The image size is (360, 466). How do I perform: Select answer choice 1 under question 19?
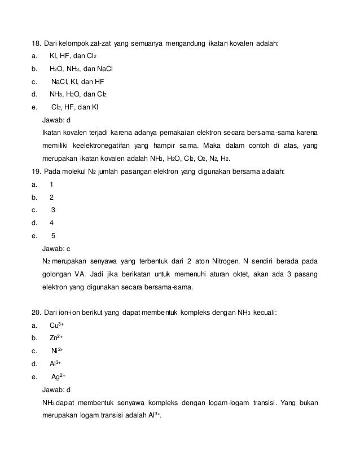[52, 184]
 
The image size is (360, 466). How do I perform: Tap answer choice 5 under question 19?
[53, 235]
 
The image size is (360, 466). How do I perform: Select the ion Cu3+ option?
[56, 325]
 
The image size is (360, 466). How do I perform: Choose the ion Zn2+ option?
[56, 338]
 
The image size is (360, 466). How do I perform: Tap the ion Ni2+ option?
[57, 350]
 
